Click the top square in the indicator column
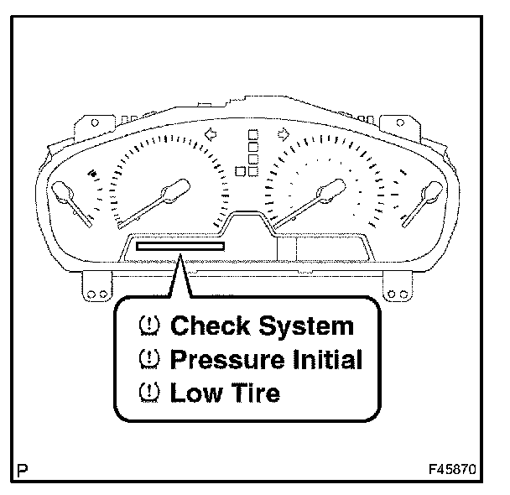(252, 134)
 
